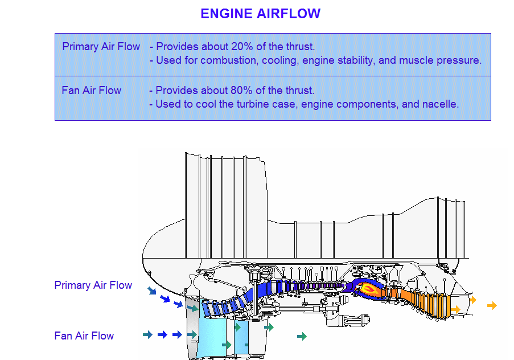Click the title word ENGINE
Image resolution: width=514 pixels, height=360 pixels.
227,14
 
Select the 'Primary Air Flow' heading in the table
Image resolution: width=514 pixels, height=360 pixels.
101,47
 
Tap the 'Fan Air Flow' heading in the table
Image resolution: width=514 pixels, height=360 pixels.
91,91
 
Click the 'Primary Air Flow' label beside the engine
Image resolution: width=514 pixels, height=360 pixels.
93,285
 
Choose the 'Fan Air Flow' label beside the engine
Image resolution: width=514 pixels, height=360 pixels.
84,336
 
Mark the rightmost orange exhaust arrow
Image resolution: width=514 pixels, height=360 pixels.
492,306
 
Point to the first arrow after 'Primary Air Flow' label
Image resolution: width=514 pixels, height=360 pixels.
152,291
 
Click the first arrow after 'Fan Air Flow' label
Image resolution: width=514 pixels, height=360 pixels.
147,335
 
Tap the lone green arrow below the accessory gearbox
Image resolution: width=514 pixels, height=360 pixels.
302,337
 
